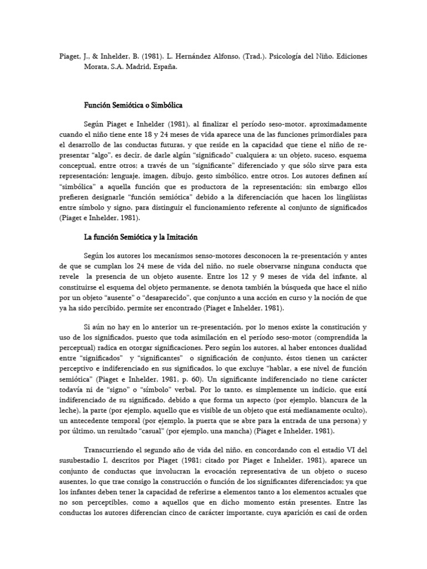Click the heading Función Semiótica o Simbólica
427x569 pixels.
(133, 105)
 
